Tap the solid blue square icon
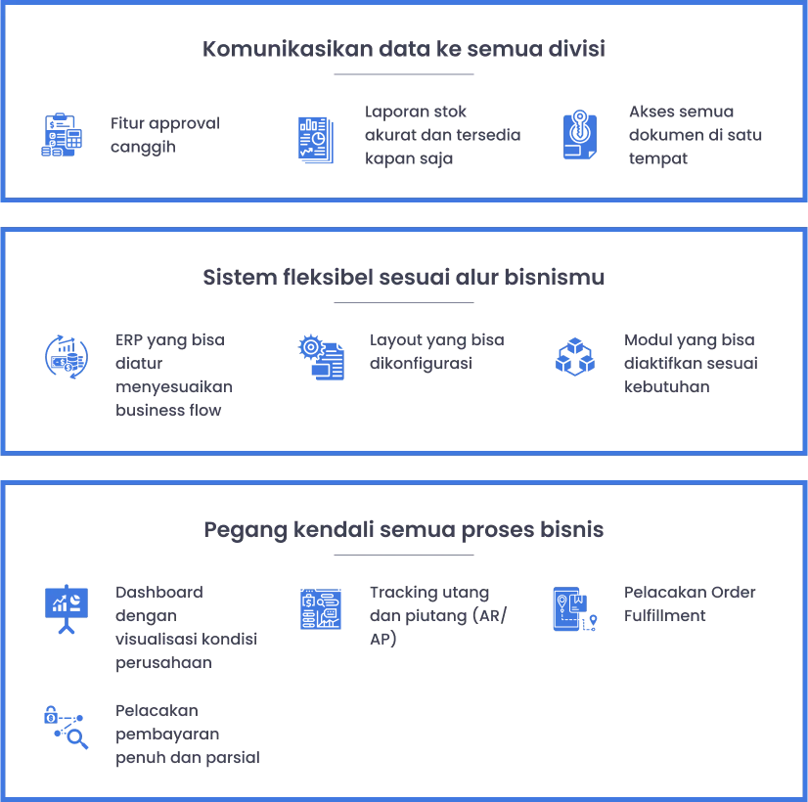pyautogui.click(x=320, y=610)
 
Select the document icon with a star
pyautogui.click(x=574, y=610)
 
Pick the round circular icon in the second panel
pyautogui.click(x=66, y=356)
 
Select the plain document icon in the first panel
pyautogui.click(x=316, y=138)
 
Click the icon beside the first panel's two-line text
pyautogui.click(x=62, y=135)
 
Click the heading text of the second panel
pyautogui.click(x=405, y=278)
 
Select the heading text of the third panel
pyautogui.click(x=405, y=530)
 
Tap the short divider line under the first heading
pyautogui.click(x=402, y=74)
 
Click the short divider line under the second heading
pyautogui.click(x=402, y=301)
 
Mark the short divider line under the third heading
pyautogui.click(x=402, y=553)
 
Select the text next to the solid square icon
pyautogui.click(x=437, y=604)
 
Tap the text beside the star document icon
pyautogui.click(x=689, y=604)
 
